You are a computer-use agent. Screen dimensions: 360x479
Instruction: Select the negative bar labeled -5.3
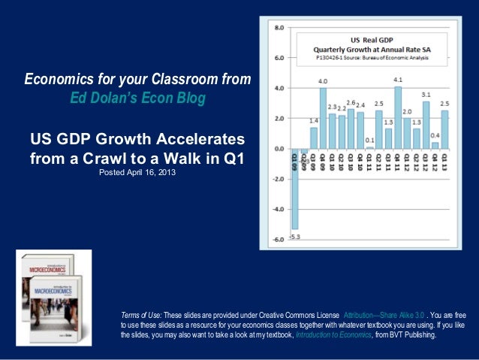(295, 188)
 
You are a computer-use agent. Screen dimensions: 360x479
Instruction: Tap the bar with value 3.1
(426, 125)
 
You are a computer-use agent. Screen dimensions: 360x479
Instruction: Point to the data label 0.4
(435, 135)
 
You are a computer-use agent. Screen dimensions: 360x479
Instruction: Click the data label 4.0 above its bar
(323, 81)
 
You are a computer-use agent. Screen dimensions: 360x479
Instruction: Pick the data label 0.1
(369, 140)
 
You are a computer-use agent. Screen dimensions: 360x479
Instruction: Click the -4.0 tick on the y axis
(278, 209)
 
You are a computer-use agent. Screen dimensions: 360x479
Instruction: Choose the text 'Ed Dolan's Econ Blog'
(137, 98)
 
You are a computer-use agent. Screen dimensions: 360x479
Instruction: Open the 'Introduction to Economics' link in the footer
(333, 346)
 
